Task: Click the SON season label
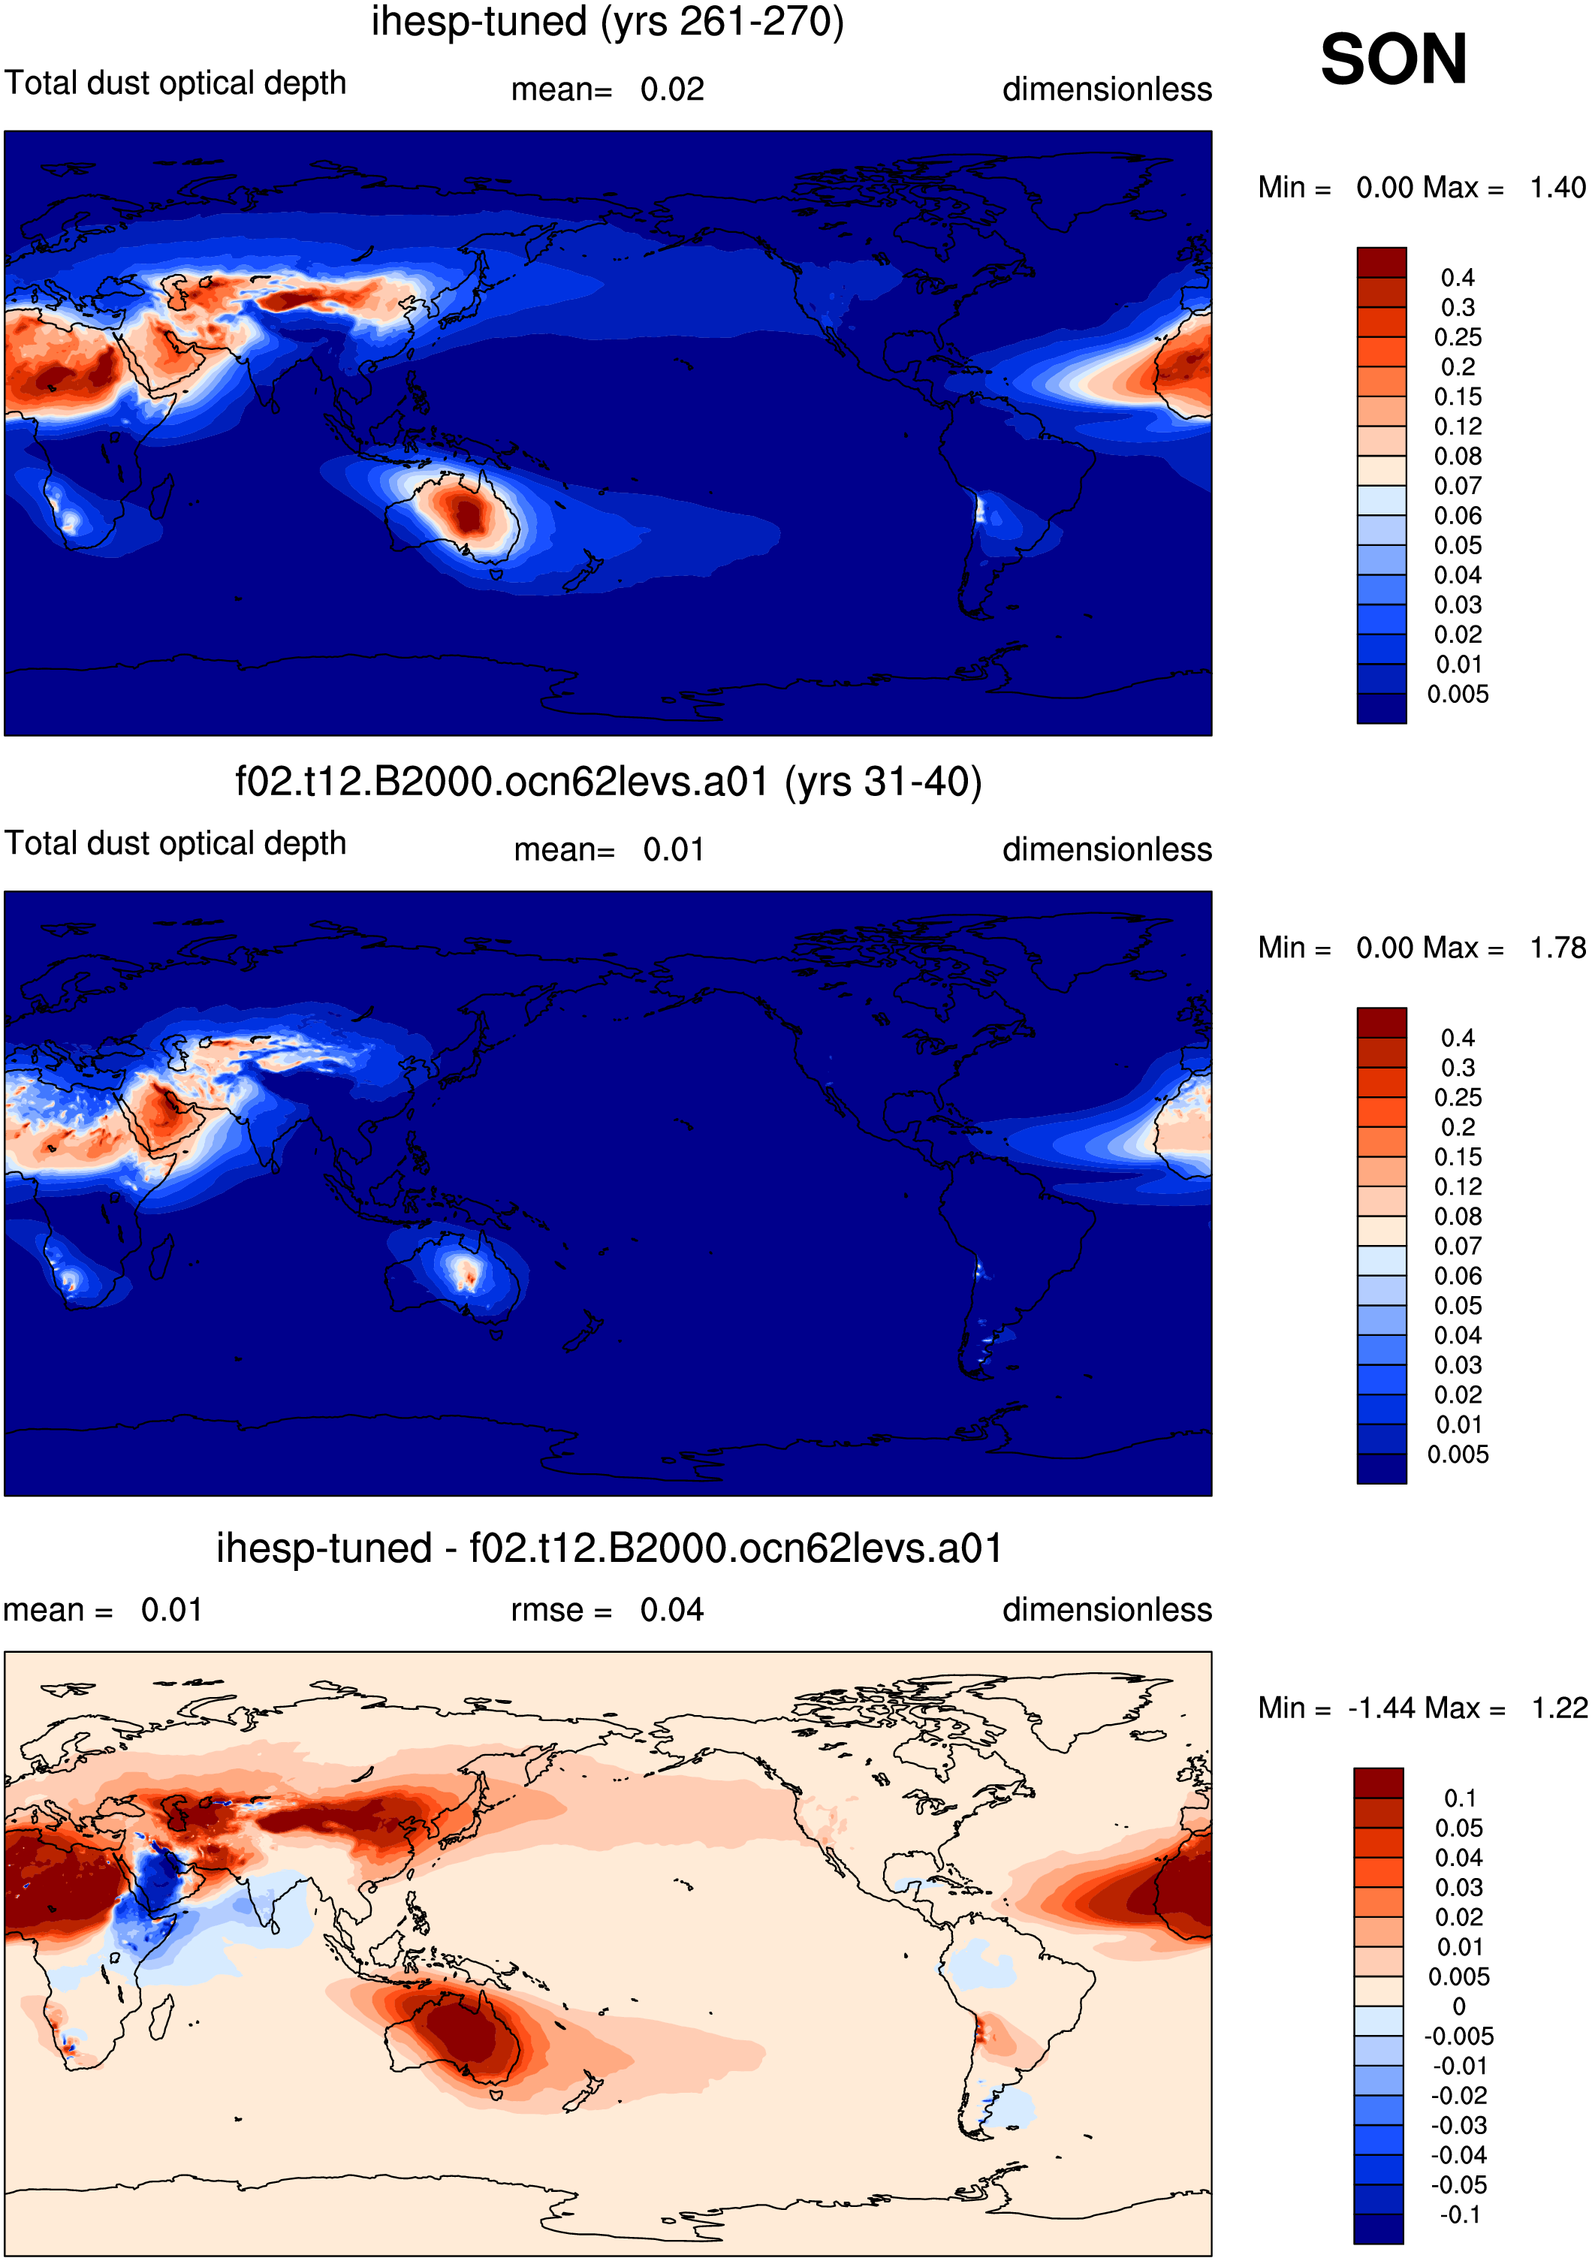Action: pos(1393,59)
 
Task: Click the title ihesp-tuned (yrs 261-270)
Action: pos(608,22)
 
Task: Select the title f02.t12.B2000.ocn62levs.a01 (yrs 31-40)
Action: pos(608,782)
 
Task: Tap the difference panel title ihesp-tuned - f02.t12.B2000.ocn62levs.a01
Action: pos(608,1548)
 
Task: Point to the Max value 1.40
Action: pos(1557,187)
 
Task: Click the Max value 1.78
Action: pos(1557,948)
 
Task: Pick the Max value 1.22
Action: pos(1560,1708)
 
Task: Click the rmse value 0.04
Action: pos(672,1610)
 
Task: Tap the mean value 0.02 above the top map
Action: pos(672,89)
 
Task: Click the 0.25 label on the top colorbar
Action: pos(1458,337)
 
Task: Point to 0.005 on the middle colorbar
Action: pos(1458,1455)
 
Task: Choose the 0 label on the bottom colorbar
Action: pos(1459,2006)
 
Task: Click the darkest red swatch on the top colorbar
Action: pos(1381,262)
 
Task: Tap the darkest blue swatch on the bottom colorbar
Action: pos(1378,2229)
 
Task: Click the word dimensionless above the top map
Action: pos(1107,89)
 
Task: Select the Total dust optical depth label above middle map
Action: pos(175,844)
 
